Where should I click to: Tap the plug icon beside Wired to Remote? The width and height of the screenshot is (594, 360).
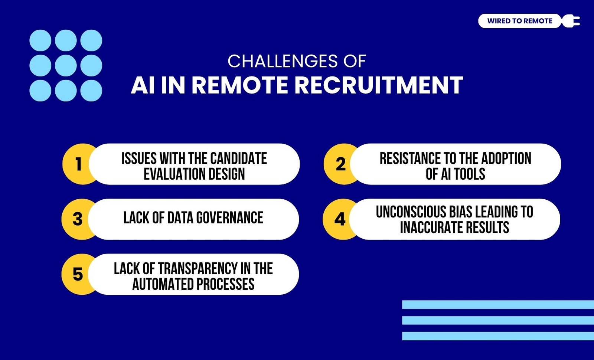coord(571,21)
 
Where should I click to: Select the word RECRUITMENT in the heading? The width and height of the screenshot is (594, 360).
coord(379,85)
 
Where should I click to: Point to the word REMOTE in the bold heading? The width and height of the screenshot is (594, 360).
coord(240,85)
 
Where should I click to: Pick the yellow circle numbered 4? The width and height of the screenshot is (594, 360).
coord(340,219)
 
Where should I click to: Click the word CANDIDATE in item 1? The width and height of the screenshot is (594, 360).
coord(238,158)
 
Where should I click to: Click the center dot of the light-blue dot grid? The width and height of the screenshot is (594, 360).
coord(66,65)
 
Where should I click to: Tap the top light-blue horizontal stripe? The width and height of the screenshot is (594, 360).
coord(498,305)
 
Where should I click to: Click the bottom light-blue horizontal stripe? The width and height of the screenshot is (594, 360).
coord(498,336)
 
